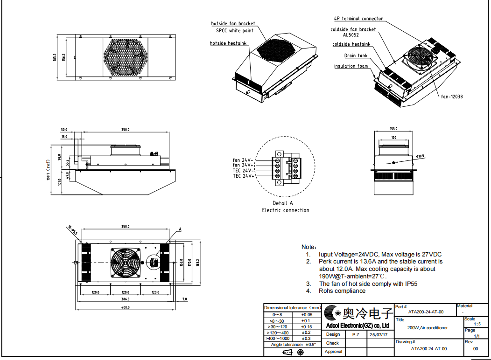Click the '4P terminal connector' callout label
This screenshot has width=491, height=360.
(x=358, y=19)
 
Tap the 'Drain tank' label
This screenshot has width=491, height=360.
(x=356, y=55)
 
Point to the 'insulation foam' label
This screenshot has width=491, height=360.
(x=351, y=66)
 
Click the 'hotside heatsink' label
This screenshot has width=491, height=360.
(x=229, y=43)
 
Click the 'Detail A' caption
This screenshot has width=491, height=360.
(x=283, y=203)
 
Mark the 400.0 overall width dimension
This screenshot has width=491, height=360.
(x=125, y=307)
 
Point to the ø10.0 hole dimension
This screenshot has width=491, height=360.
(x=420, y=156)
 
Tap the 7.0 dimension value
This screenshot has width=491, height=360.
(x=184, y=299)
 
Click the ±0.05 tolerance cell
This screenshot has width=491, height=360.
(x=307, y=315)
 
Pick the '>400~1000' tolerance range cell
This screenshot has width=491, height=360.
(x=277, y=338)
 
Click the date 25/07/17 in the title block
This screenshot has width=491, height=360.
(x=378, y=334)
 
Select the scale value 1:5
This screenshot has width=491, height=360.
(x=477, y=324)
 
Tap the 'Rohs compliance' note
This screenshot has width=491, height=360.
(x=342, y=291)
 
